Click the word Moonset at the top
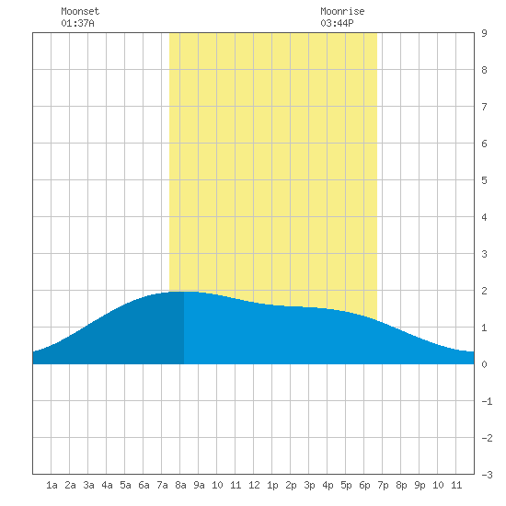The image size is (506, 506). pos(80,11)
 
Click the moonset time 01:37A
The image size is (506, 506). pos(77,23)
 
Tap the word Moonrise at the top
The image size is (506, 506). pos(342,11)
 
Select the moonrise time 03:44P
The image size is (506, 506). pos(337,23)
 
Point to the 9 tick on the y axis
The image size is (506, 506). pos(484,33)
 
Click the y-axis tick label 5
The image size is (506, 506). pos(484,180)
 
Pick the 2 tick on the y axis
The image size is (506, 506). pos(484,291)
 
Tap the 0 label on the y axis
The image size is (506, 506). pos(484,364)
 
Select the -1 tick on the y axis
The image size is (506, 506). pos(487,401)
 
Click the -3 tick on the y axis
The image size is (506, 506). pos(487,475)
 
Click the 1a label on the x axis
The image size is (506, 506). pos(52,485)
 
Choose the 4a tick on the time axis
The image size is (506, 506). pos(107,485)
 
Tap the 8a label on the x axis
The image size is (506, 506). pos(180,485)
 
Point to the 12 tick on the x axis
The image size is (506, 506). pos(254,485)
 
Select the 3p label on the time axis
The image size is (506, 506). pos(309,485)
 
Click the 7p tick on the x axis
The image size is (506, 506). pos(383,485)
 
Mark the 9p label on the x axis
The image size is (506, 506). pos(420,485)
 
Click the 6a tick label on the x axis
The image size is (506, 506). pos(144,485)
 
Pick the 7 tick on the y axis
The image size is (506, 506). pos(484,107)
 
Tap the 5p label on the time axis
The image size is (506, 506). pos(346,485)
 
